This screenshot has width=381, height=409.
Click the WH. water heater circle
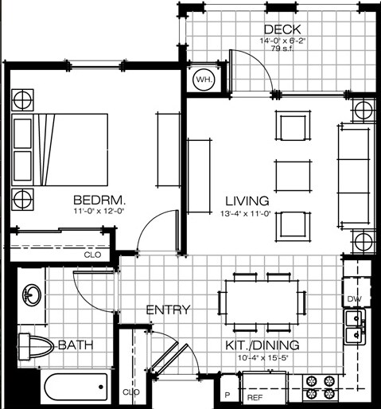coord(204,80)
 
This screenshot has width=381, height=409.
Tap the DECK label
coord(282,29)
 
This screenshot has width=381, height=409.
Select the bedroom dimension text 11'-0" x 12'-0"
coord(99,212)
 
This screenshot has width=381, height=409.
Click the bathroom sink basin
coord(32,294)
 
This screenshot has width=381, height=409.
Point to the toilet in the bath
coord(35,347)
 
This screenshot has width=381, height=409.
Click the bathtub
coord(76,387)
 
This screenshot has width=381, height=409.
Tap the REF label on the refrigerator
coord(255,398)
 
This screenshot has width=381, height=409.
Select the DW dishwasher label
coord(354,299)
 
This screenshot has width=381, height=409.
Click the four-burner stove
coord(321,388)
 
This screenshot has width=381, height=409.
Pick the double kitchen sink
coord(355,327)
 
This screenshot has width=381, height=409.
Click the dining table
coord(262,302)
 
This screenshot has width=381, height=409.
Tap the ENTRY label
coord(168,310)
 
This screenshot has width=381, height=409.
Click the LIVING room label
coord(247,201)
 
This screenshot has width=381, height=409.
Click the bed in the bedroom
coord(60,150)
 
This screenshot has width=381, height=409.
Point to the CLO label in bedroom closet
coord(92,255)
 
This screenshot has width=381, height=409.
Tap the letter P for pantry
coord(227,395)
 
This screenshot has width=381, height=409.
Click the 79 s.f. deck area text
coord(282,49)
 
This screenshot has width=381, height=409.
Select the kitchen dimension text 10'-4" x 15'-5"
coord(262,358)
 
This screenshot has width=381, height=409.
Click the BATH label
coord(76,345)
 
